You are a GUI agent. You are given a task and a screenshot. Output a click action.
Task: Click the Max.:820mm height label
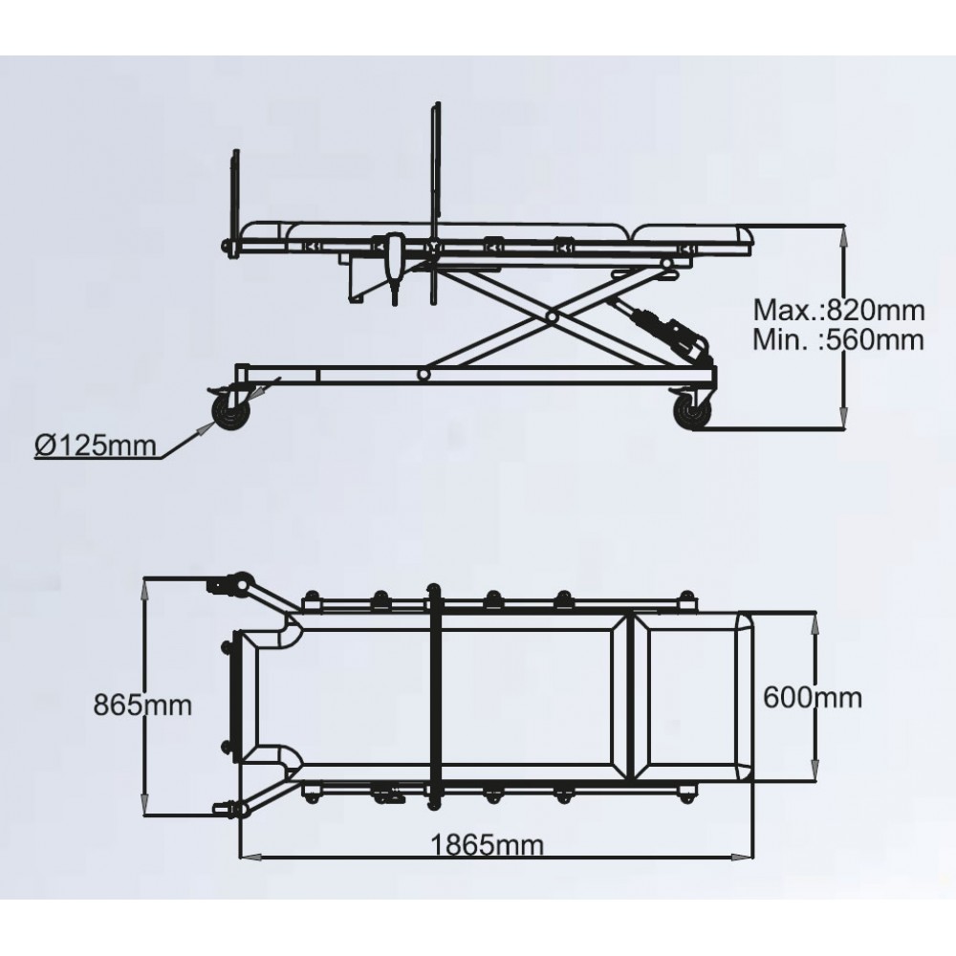tap(838, 310)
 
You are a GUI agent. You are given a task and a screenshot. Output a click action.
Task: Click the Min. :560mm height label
tap(838, 338)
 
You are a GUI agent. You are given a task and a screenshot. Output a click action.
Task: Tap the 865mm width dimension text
tap(142, 706)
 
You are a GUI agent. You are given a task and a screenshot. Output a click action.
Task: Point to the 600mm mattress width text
tap(813, 697)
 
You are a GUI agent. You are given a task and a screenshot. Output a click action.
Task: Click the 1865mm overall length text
tap(487, 844)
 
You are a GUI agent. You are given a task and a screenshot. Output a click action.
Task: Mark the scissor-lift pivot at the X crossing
tap(553, 315)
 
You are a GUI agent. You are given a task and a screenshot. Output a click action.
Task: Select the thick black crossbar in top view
tap(435, 697)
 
